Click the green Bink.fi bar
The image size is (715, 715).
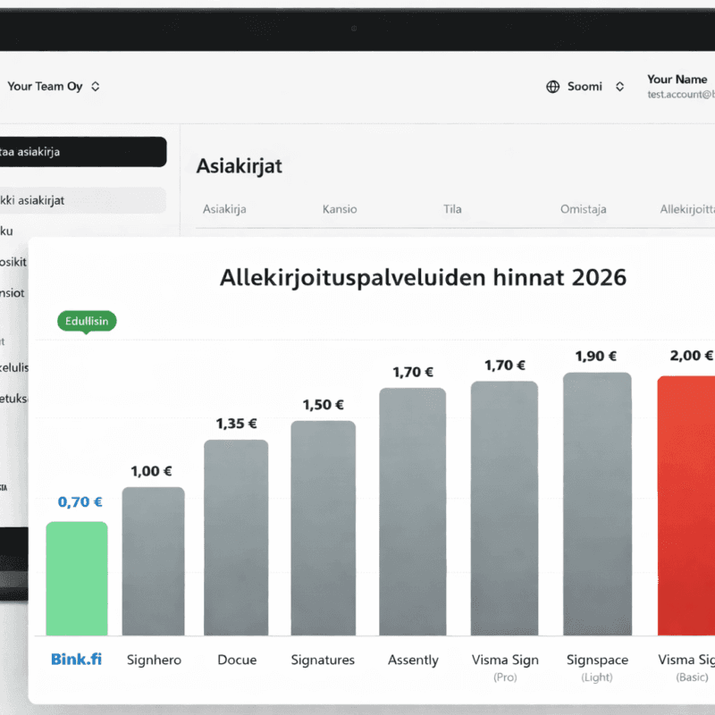(77, 578)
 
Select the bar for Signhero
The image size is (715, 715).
(154, 560)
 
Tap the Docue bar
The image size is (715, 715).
(236, 537)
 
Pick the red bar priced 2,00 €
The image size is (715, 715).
(686, 505)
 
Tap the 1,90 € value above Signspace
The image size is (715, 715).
(597, 356)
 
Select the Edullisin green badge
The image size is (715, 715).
(87, 321)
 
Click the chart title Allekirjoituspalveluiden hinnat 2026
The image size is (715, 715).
(423, 277)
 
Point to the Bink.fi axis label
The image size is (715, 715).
(76, 660)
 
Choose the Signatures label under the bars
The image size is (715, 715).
(323, 660)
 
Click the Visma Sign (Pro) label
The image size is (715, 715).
(505, 667)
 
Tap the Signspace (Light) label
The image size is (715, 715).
(597, 667)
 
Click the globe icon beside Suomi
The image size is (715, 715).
(552, 87)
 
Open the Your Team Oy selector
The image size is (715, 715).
(54, 87)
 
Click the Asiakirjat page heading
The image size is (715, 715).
(239, 165)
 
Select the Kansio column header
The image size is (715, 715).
(340, 209)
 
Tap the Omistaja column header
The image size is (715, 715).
(583, 209)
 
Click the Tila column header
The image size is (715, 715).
(452, 209)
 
